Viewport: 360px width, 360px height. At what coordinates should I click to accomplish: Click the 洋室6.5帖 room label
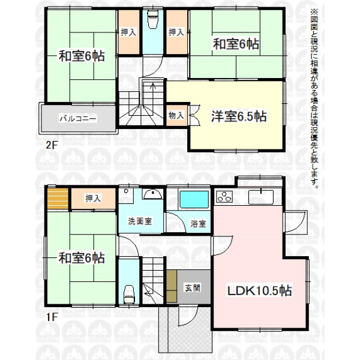click(x=239, y=116)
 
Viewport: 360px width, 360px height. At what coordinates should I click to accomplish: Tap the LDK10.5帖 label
click(x=259, y=290)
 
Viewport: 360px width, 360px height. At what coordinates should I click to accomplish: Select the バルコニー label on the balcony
click(x=78, y=118)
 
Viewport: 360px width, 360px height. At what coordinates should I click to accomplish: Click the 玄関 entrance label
click(x=193, y=288)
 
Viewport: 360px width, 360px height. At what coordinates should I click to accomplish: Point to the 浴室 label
click(x=198, y=223)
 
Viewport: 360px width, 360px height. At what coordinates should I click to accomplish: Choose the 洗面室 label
click(x=140, y=221)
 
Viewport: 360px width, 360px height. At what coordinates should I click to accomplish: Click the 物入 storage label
click(x=176, y=115)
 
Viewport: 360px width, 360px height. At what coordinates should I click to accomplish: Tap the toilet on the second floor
click(x=152, y=19)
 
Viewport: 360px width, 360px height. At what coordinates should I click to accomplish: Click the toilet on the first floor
click(x=129, y=295)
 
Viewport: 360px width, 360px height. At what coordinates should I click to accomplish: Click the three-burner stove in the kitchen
click(x=224, y=197)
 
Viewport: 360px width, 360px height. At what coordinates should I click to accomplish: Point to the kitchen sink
click(x=261, y=197)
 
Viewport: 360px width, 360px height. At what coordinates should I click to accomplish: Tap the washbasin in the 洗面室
click(x=152, y=194)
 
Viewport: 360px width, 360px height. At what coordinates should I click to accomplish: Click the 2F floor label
click(x=51, y=145)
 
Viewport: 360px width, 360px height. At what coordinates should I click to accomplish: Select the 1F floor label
click(x=51, y=317)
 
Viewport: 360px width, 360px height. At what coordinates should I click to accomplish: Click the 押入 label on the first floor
click(x=93, y=199)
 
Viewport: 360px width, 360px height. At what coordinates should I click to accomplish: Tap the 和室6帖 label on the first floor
click(x=82, y=258)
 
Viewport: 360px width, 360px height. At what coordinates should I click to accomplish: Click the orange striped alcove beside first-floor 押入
click(x=58, y=199)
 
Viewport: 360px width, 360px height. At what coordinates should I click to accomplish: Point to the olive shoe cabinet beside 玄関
click(x=172, y=286)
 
